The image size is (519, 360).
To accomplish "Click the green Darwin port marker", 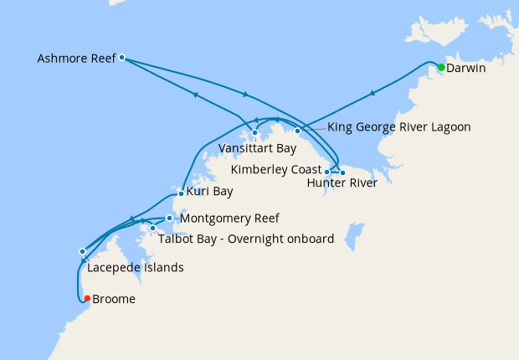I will pos(441,67).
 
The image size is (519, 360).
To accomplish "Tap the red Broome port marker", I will pos(87,299).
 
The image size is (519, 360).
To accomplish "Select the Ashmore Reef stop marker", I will pos(122,58).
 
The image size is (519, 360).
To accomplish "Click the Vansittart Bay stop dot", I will pos(254,132).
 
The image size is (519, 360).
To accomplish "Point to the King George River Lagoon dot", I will pos(297,131).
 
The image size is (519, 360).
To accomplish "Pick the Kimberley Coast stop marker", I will pos(326,172).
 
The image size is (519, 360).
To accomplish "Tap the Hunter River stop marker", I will pos(342,172).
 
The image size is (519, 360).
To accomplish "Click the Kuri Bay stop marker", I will pos(181,193).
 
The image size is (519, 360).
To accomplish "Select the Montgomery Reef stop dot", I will pos(169,219).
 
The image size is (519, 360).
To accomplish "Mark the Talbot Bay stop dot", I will pos(152,228).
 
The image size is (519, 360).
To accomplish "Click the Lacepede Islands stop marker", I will pos(82,251).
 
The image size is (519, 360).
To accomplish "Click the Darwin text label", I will pos(466,67).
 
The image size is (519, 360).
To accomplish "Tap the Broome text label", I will pos(114,299).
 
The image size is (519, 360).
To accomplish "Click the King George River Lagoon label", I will pos(399,127).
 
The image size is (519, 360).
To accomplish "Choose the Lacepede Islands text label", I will pos(135,268).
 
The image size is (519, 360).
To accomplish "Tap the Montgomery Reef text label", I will pos(229,219).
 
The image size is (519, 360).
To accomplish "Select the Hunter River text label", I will pos(342,183).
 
